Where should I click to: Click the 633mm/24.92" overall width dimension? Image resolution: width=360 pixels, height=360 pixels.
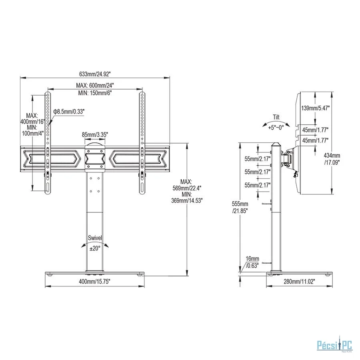[x=95, y=74]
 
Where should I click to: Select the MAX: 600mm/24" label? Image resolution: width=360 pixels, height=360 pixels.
[x=95, y=86]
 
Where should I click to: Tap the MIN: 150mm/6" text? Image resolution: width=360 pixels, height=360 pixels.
[x=95, y=93]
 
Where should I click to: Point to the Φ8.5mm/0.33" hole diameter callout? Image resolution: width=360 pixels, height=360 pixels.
[x=69, y=112]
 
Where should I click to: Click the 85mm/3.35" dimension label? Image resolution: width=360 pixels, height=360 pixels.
[x=95, y=134]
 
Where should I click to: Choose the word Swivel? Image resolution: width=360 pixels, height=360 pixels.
[x=95, y=238]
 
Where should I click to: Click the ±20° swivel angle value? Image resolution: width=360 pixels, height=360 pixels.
[x=95, y=248]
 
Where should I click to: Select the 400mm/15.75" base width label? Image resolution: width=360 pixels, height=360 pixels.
[x=94, y=282]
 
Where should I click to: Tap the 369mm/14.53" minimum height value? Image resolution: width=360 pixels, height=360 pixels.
[x=187, y=201]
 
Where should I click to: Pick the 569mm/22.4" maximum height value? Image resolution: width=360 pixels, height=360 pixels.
[x=187, y=188]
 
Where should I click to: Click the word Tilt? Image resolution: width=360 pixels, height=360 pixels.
[x=276, y=117]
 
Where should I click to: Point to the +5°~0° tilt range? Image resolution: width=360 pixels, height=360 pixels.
[x=276, y=127]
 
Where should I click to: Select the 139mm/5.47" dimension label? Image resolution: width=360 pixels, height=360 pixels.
[x=316, y=108]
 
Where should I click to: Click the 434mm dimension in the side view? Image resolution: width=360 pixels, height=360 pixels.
[x=332, y=156]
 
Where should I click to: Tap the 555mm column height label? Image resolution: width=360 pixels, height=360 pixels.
[x=240, y=204]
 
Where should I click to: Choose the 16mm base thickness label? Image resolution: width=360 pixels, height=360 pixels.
[x=252, y=259]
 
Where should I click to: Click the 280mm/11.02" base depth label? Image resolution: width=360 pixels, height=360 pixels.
[x=299, y=282]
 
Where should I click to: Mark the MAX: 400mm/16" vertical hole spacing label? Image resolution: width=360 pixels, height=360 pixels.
[x=32, y=118]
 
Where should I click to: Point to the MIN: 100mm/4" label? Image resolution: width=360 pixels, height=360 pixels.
[x=32, y=130]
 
